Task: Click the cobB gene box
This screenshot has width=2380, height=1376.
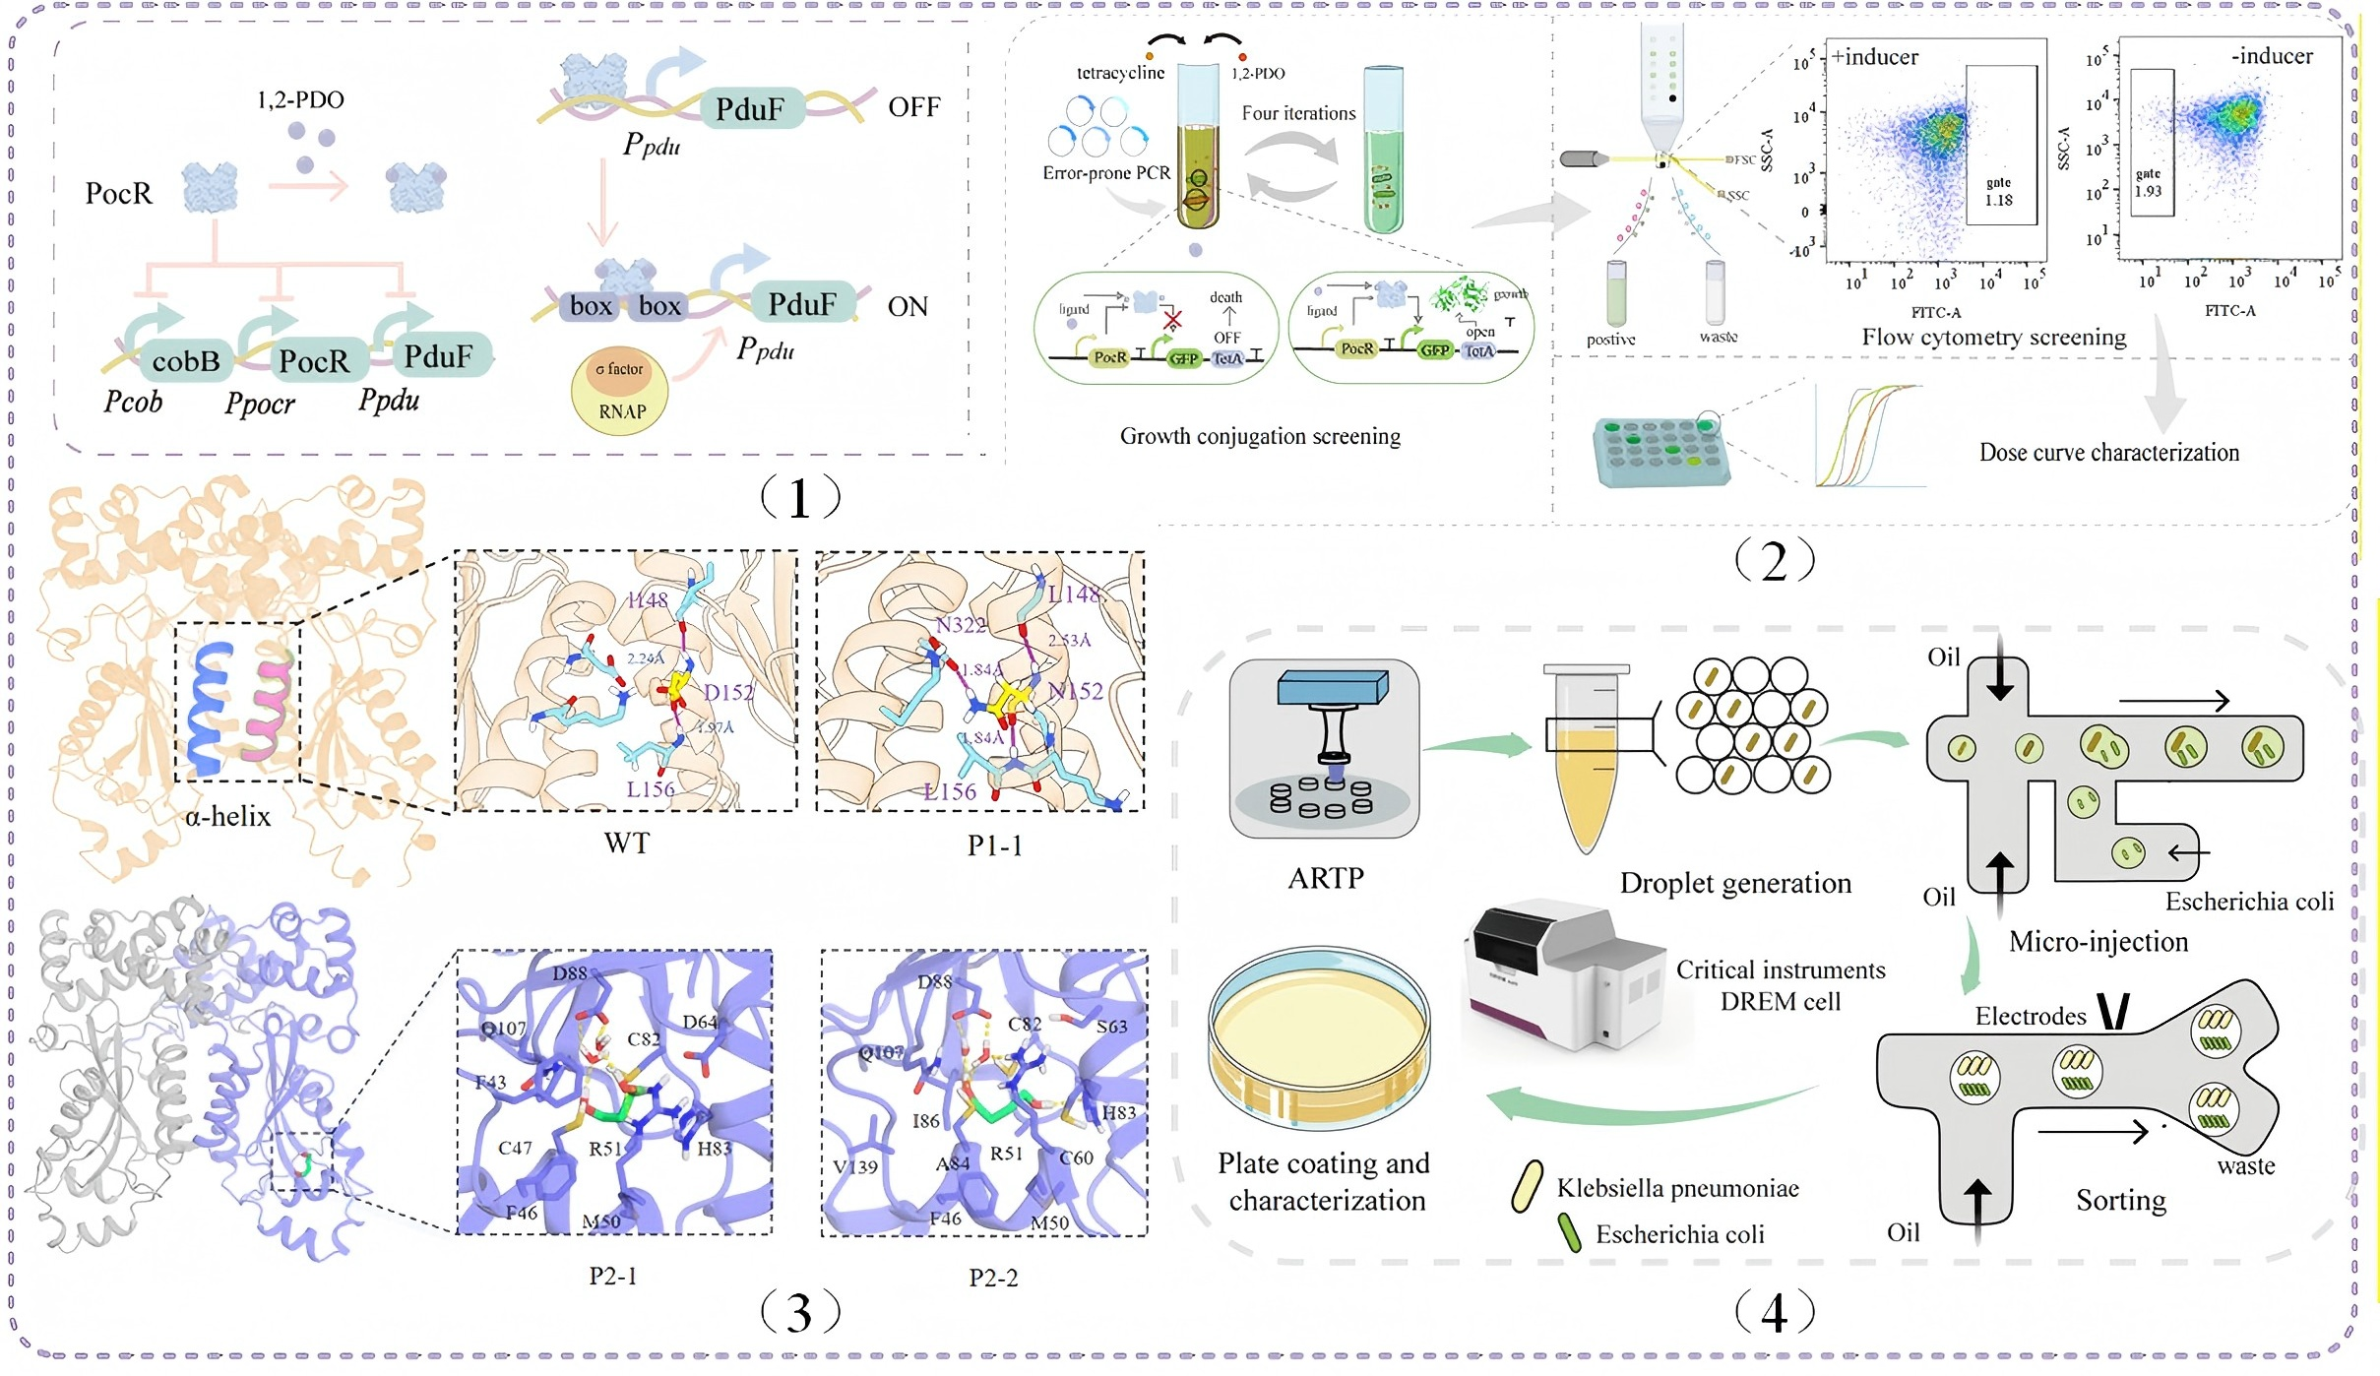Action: tap(185, 361)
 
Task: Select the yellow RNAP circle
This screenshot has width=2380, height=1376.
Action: tap(620, 394)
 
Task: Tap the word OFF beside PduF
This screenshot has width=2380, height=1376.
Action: tap(913, 107)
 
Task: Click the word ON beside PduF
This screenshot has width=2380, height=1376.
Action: tap(908, 307)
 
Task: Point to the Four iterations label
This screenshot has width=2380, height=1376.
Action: tap(1298, 113)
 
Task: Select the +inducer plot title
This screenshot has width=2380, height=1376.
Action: tap(1874, 57)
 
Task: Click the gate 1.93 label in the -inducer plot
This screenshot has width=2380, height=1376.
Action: tap(2148, 183)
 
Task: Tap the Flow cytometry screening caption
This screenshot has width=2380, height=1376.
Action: tap(1993, 338)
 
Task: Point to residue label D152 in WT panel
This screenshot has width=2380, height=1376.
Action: tap(727, 693)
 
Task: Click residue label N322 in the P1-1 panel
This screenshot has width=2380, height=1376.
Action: tap(960, 625)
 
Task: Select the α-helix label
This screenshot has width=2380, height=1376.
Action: tap(227, 816)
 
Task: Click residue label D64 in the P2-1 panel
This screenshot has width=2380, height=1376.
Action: tap(700, 1023)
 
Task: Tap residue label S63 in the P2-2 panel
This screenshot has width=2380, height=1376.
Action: tap(1111, 1027)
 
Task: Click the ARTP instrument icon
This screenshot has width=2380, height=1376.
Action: tap(1324, 748)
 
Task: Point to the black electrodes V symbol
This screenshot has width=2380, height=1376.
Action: tap(2113, 1011)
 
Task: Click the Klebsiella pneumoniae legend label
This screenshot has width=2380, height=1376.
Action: tap(1677, 1189)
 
